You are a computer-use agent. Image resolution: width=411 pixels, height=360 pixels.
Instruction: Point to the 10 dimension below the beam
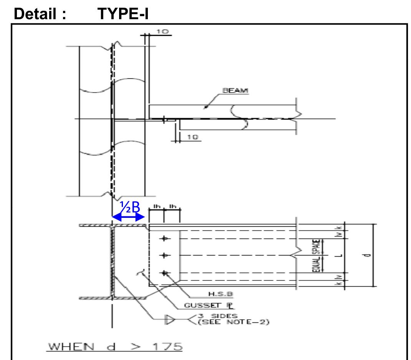195,138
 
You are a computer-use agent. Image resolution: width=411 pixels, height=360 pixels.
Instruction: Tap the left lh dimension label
156,207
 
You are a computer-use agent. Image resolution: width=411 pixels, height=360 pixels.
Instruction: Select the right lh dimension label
172,207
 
